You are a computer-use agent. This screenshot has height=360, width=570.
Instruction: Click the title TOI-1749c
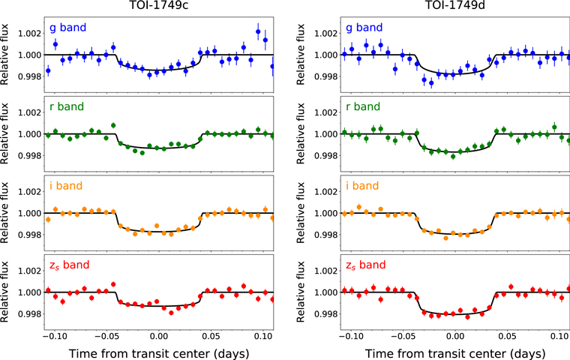[158, 7]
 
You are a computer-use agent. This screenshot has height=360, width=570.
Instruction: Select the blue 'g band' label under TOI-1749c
[69, 28]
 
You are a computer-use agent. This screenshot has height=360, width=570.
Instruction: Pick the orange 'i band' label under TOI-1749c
[67, 186]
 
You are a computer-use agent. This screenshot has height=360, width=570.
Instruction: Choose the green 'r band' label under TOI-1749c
[67, 107]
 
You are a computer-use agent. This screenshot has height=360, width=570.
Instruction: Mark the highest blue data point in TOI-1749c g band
[258, 31]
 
